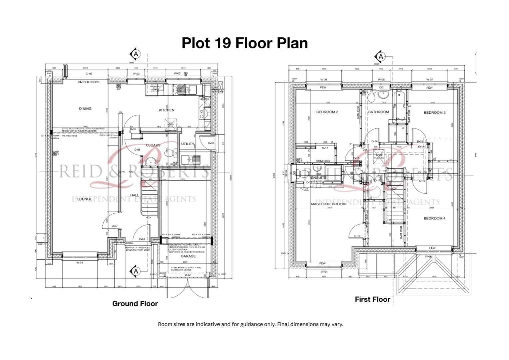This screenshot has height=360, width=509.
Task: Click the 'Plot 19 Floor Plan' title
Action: click(245, 43)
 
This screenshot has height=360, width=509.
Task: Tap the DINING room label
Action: click(85, 109)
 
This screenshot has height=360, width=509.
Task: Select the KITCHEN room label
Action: click(166, 110)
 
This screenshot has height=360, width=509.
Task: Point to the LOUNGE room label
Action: click(85, 199)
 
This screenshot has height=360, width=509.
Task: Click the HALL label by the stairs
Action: click(135, 195)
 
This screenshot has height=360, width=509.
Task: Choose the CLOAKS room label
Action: click(153, 145)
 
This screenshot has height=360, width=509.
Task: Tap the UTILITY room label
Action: click(188, 144)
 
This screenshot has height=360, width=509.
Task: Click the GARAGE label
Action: click(188, 256)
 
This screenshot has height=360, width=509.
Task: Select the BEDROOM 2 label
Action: click(327, 112)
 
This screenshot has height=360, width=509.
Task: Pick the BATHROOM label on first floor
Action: click(378, 112)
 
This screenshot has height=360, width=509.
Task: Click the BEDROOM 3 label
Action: click(434, 113)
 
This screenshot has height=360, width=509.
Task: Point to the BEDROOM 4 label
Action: click(434, 218)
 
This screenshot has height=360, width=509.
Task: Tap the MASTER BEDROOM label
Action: click(328, 204)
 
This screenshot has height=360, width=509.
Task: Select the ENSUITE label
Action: click(318, 178)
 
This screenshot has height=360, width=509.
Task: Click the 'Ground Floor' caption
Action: click(135, 304)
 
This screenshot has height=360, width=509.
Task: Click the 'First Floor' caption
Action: click(372, 299)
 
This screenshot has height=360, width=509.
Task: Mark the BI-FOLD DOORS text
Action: click(89, 82)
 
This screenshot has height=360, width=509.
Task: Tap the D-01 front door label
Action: click(142, 239)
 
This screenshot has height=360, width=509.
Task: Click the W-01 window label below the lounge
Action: click(80, 263)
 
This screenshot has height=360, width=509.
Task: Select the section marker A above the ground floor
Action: click(135, 54)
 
